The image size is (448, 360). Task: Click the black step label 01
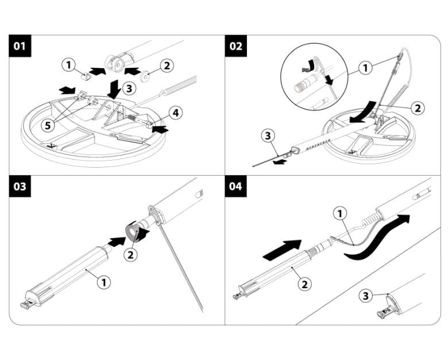pos(20,46)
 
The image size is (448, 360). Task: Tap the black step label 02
pos(235,46)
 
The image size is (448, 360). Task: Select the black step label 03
pos(20,187)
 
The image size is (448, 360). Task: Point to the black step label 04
pos(235,187)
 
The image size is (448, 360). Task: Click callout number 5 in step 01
pos(48,125)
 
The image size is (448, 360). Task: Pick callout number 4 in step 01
pos(175,113)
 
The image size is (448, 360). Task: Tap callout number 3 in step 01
pos(129,88)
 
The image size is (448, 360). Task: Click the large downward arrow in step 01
pos(115,89)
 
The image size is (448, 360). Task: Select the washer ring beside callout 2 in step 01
pos(145,76)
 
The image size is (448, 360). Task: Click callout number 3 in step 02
pos(268,136)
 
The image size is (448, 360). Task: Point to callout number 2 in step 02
pos(418,108)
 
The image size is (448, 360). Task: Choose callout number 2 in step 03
pos(130,254)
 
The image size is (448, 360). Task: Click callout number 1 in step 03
pos(104,282)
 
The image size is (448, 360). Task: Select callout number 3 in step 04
pos(365,296)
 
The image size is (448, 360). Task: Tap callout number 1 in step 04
pos(340,214)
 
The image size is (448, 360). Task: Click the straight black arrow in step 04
pos(282,250)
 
